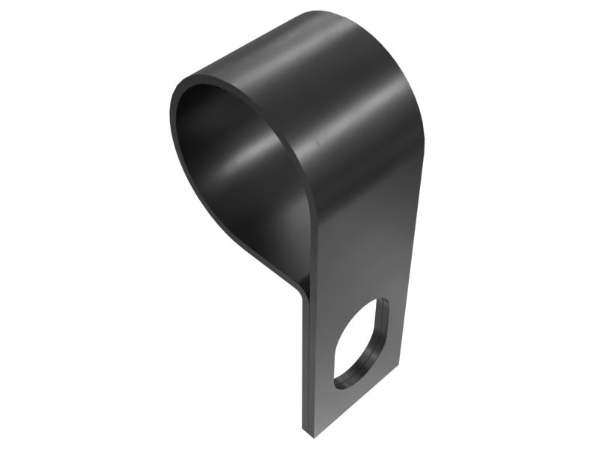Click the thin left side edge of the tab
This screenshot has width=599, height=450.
(307, 360)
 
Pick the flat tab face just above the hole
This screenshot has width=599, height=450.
(359, 270)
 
